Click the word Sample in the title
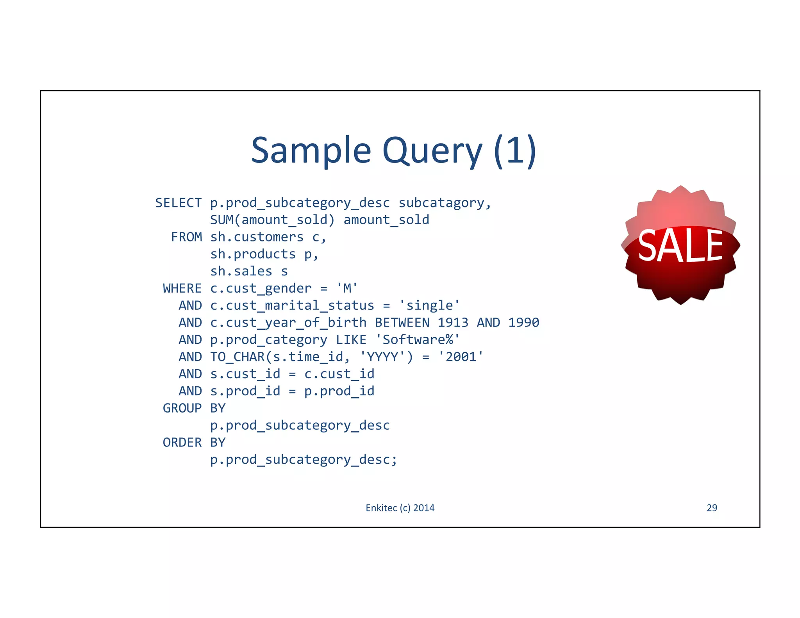click(311, 151)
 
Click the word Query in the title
click(432, 151)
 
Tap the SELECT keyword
click(178, 203)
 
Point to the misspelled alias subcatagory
click(445, 203)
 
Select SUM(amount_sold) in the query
click(272, 220)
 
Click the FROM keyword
click(186, 237)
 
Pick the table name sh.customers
click(257, 237)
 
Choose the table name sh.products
click(253, 254)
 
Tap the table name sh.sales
click(241, 271)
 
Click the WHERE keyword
click(182, 289)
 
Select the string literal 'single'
click(429, 305)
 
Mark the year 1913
click(453, 323)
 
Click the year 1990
click(523, 323)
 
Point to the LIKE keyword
click(351, 340)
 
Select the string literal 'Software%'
click(418, 340)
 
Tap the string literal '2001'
click(461, 357)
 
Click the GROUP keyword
click(182, 408)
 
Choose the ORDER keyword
click(182, 443)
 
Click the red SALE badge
click(680, 245)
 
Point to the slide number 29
click(712, 508)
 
